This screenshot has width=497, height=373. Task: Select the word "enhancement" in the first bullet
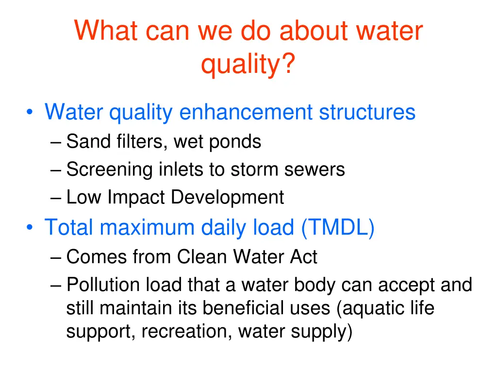246,112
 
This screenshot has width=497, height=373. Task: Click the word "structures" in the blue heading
367,112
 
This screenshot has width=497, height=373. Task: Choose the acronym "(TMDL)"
337,227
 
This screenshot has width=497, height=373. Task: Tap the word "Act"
303,257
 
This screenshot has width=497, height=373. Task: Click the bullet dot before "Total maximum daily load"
31,228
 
